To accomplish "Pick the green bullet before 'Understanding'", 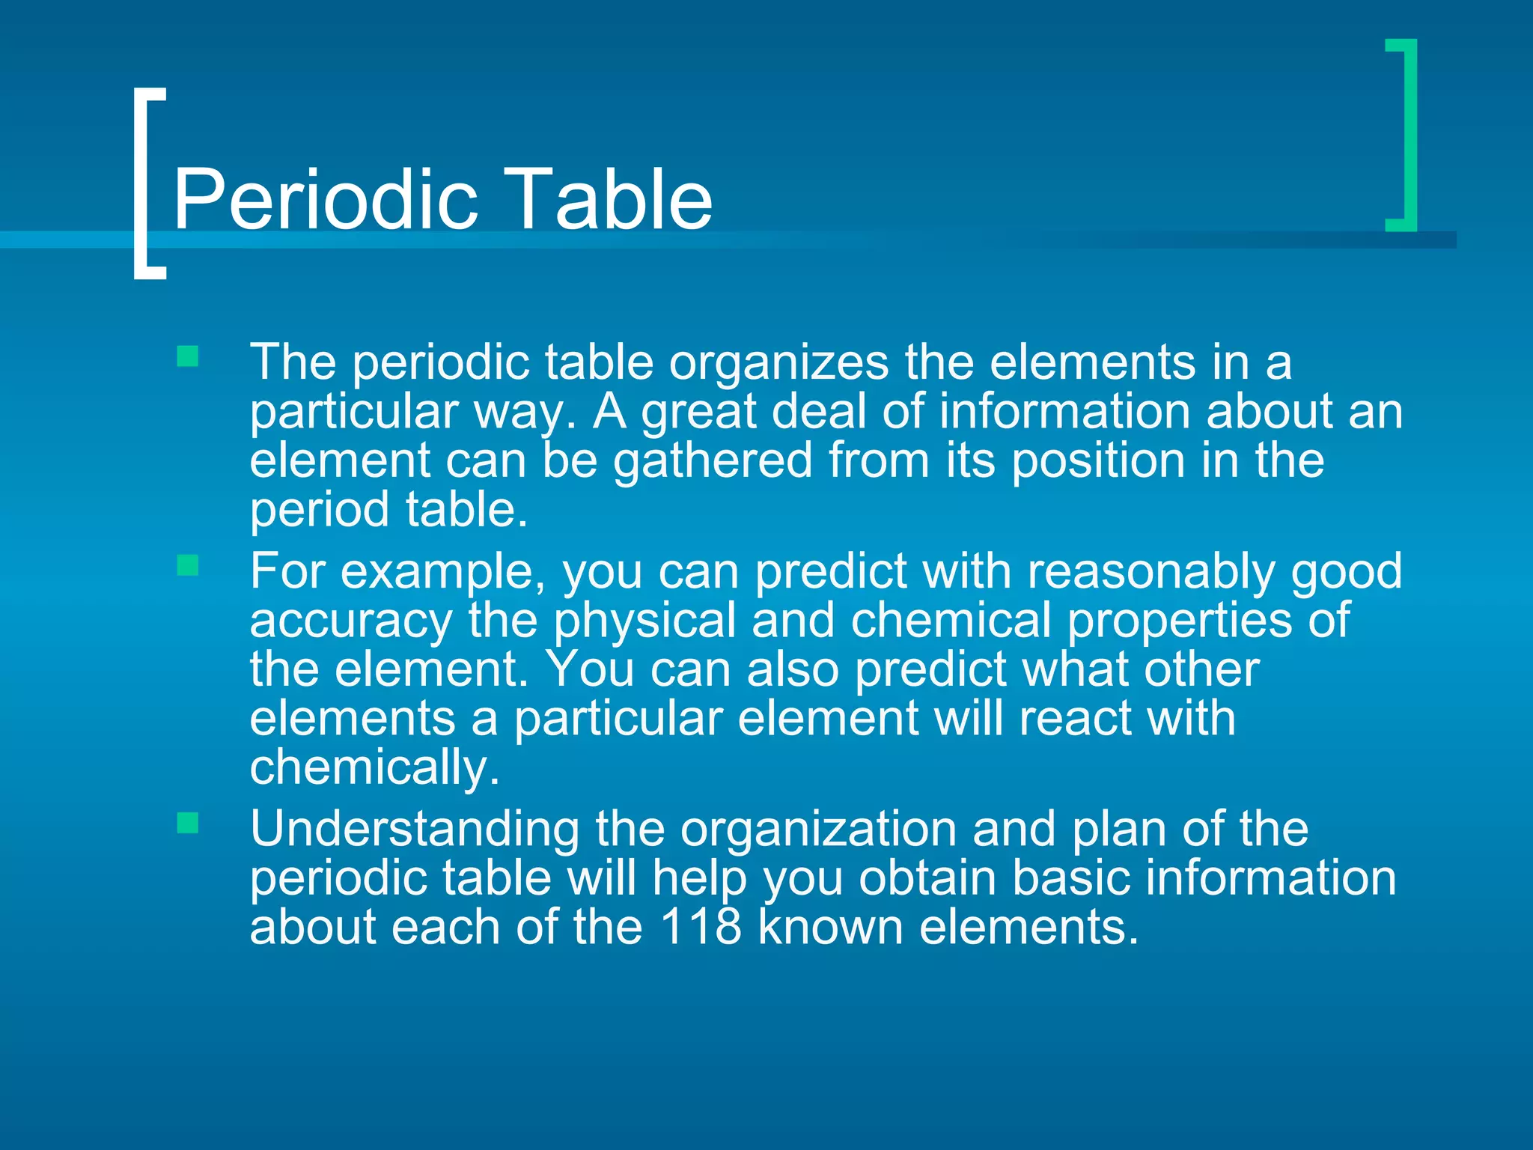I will click(x=188, y=824).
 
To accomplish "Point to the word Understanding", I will click(x=415, y=830).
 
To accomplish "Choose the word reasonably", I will click(x=1150, y=573).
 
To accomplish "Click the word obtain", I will click(x=927, y=879).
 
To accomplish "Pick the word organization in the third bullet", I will click(x=818, y=830).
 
